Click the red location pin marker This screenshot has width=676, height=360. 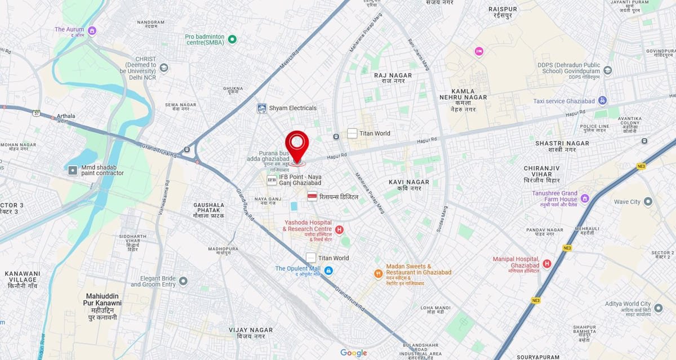point(297,145)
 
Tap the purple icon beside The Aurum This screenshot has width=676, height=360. point(92,30)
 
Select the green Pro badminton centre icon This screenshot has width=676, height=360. point(232,39)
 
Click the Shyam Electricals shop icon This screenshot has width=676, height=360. point(261,108)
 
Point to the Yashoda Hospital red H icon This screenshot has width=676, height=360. point(339,229)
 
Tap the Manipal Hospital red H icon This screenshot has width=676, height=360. point(546,263)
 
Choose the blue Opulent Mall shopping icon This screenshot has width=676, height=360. point(328,270)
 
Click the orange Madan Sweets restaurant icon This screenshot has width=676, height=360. point(379,273)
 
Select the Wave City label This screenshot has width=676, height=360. point(627,202)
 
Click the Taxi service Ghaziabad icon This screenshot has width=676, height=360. point(602,101)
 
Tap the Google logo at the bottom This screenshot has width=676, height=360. point(353,353)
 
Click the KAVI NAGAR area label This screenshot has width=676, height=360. point(408,185)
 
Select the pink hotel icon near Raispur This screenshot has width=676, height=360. point(479,51)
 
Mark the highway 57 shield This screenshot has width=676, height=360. point(36,113)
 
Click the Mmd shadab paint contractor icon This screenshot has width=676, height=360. point(73,170)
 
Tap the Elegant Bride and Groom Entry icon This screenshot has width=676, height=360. point(183,281)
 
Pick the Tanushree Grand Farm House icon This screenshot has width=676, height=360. point(585,198)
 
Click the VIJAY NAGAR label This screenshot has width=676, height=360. point(251,332)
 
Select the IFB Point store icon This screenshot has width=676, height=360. point(272,180)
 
